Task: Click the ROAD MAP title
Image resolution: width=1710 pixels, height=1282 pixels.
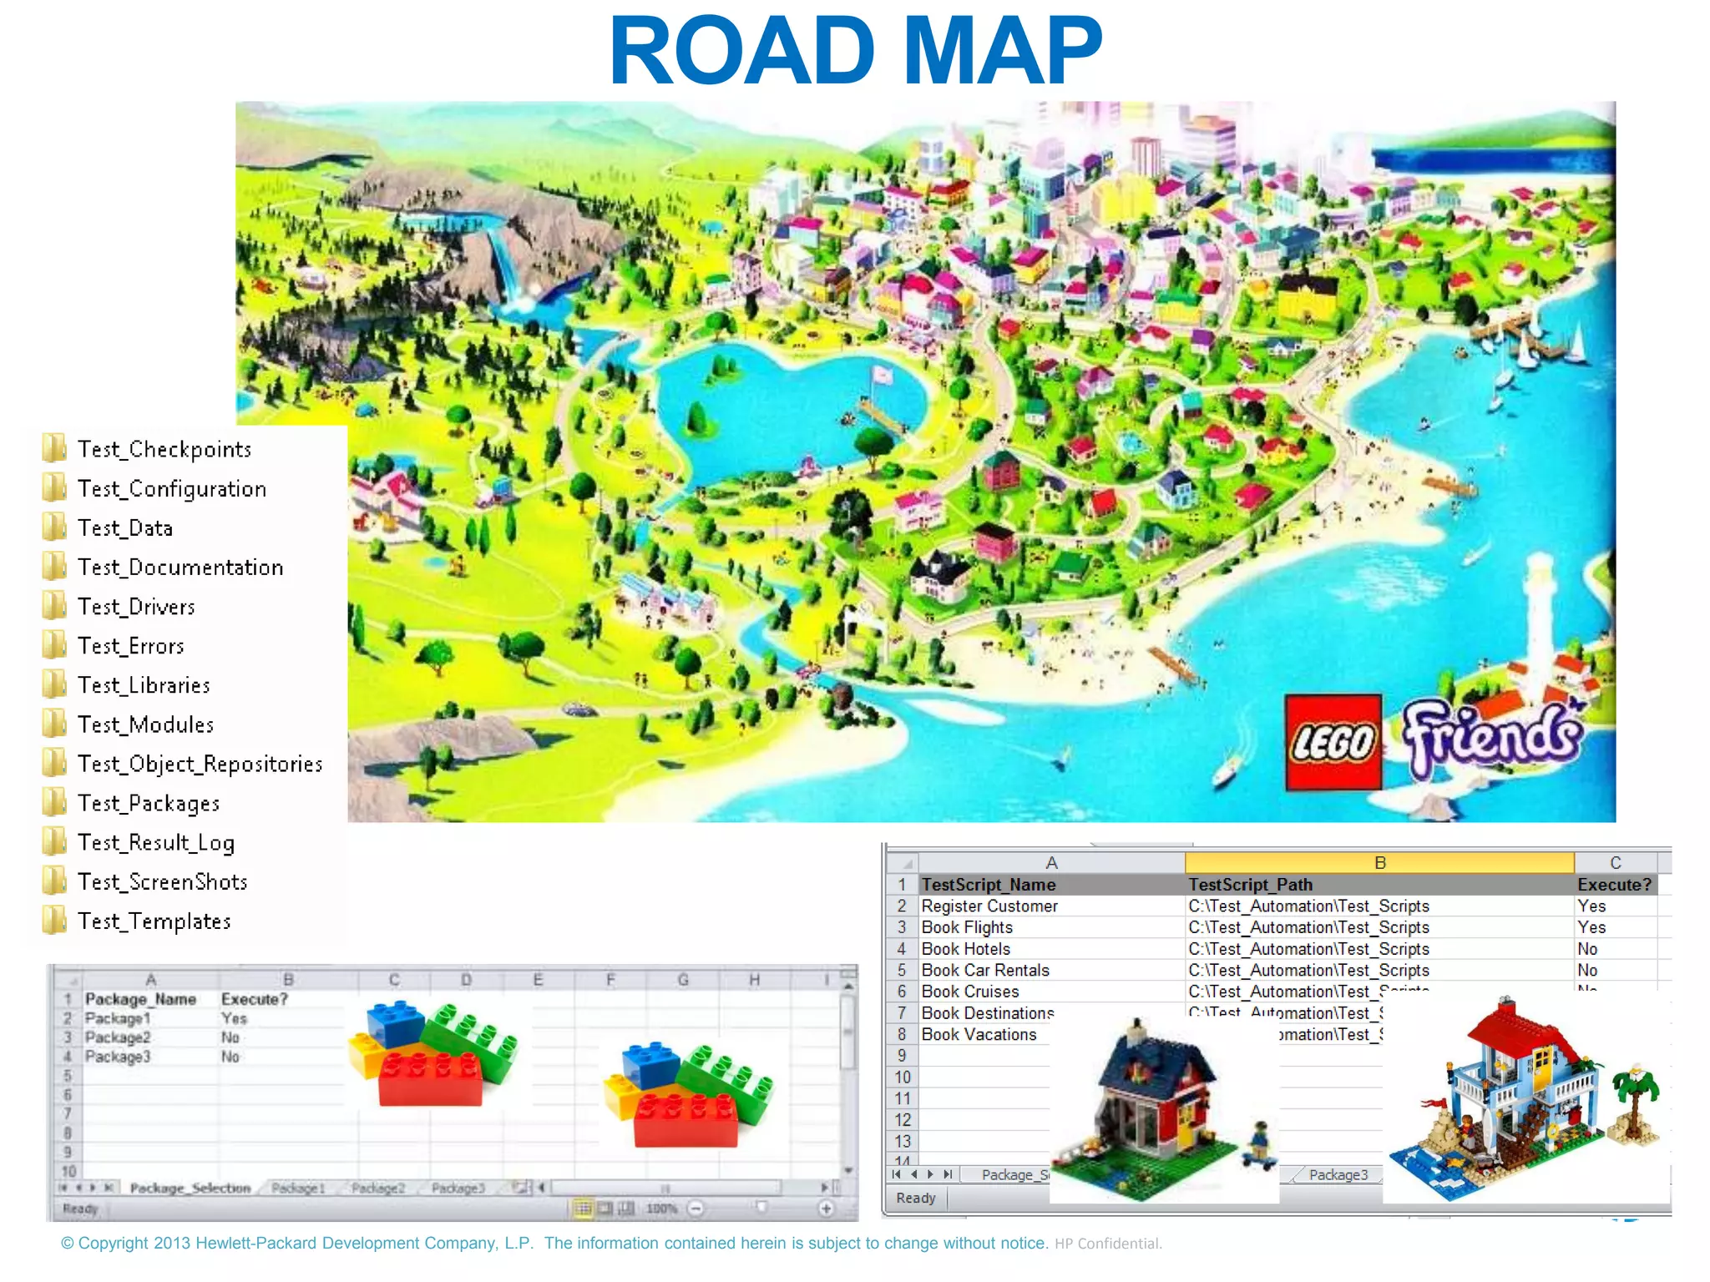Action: click(855, 52)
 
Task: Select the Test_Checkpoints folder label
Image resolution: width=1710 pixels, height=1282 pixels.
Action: click(164, 450)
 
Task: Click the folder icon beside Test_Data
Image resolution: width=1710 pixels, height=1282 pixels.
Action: click(54, 527)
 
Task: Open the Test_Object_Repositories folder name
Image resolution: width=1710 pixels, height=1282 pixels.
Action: click(200, 765)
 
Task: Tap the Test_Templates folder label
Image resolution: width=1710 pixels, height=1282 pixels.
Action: click(154, 921)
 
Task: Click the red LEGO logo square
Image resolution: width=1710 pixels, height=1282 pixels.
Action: click(1333, 742)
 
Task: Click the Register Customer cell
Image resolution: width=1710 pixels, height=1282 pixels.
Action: click(989, 906)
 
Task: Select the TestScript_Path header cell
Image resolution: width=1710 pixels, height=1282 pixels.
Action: click(1250, 885)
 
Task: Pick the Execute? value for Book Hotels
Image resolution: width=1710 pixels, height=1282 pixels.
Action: click(1587, 949)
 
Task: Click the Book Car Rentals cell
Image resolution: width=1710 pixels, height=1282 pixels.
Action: click(985, 971)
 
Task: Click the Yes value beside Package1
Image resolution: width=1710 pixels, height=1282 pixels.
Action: click(234, 1018)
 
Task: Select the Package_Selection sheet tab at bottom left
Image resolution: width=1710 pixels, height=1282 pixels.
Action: click(190, 1188)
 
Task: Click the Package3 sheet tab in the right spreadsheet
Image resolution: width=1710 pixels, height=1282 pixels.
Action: click(1338, 1175)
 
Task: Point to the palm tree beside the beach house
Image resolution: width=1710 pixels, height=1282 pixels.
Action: click(1637, 1093)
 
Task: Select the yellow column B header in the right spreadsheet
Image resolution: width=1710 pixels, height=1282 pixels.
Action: click(1379, 863)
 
